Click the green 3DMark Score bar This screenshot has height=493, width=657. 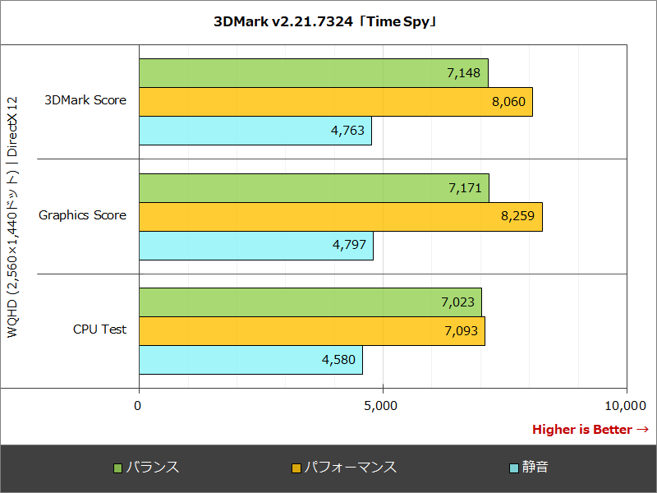(313, 73)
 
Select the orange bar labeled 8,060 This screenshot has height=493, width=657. (335, 102)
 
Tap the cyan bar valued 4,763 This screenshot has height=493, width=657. (255, 131)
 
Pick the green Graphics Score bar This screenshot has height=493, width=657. (314, 188)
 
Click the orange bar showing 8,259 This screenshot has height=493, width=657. (340, 217)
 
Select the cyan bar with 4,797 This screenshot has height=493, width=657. (255, 246)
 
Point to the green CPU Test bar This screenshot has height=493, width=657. (310, 302)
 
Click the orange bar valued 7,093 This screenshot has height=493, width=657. (311, 331)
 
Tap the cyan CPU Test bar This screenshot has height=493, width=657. (250, 360)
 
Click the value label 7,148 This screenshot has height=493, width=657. (463, 73)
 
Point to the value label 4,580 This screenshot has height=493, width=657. (338, 360)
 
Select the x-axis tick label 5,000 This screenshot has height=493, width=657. (383, 405)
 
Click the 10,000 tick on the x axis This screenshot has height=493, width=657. (626, 405)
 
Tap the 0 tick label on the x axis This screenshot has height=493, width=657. (138, 405)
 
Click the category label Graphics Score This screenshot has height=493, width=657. (82, 215)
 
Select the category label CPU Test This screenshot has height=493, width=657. (99, 329)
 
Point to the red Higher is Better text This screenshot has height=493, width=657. (590, 430)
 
